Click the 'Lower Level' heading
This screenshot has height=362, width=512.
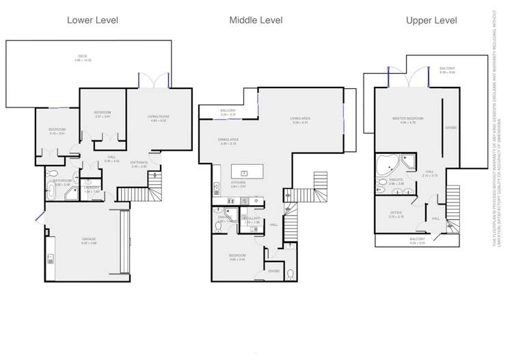92,21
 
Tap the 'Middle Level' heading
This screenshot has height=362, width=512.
256,21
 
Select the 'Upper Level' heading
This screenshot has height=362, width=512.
431,21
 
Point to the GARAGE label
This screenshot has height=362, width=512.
89,240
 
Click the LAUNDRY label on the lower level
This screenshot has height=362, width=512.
92,188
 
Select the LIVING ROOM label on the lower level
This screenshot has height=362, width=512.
159,116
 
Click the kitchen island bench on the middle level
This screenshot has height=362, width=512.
244,171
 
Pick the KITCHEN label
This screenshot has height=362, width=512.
238,183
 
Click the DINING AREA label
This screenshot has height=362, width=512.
228,140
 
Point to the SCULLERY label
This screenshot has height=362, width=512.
252,218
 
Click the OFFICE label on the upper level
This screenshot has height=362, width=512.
396,213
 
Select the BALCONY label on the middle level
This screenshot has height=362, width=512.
228,111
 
